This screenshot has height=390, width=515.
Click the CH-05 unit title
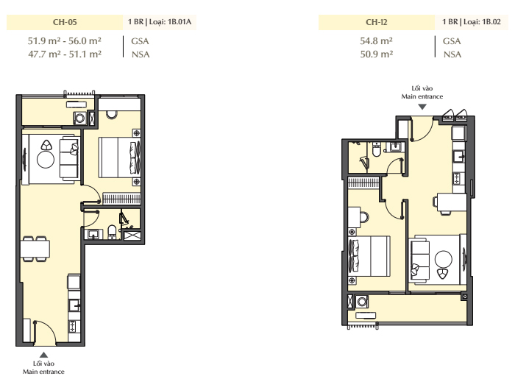pos(65,22)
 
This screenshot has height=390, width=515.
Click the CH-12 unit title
pos(377,22)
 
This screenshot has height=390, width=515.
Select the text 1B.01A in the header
pos(180,22)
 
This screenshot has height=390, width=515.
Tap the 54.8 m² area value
pos(377,41)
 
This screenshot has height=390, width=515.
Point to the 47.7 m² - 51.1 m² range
pos(65,54)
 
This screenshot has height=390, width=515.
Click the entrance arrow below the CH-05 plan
pos(43,355)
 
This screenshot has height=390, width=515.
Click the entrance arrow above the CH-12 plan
pos(422,107)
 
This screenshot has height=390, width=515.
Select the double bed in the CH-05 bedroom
pos(119,157)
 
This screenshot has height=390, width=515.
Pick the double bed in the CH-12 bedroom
pos(369,256)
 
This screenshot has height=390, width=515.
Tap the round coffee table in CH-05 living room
pos(46,160)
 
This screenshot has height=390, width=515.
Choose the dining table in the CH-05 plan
pos(35,249)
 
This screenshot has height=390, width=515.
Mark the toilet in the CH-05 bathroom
pos(112,232)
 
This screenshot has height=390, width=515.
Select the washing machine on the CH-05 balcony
pos(80,118)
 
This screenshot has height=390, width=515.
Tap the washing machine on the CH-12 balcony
pos(362,301)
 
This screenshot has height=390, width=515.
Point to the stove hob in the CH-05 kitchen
pos(72,325)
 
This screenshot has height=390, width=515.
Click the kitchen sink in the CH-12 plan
pos(458,156)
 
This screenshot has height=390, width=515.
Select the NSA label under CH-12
pos(452,54)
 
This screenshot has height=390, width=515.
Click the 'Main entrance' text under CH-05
pos(43,372)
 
